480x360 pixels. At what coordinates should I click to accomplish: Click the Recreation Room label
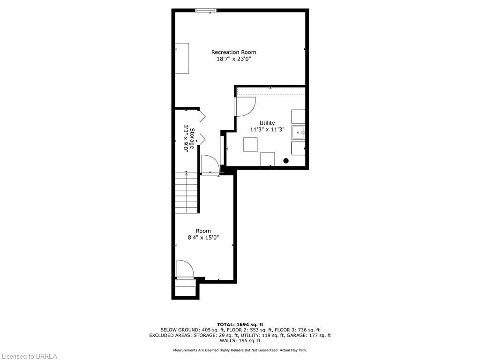[233, 52]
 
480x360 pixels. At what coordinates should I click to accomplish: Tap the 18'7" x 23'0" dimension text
[233, 59]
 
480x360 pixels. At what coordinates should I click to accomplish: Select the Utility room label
[267, 123]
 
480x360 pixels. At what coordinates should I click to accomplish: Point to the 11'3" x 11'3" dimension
[267, 129]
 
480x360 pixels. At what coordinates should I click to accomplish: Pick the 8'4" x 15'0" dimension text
[203, 238]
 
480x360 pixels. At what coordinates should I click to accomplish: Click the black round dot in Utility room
[286, 161]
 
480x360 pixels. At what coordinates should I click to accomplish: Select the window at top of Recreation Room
[206, 10]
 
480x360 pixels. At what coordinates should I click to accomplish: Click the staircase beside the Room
[187, 192]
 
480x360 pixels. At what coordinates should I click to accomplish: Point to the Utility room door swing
[244, 106]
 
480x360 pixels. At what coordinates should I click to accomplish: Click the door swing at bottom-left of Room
[184, 269]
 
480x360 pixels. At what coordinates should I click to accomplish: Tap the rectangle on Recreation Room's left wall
[182, 58]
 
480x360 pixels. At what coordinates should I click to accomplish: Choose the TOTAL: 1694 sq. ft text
[240, 324]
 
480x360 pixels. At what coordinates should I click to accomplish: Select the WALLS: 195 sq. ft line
[240, 341]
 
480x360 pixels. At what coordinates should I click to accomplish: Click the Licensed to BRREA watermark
[29, 356]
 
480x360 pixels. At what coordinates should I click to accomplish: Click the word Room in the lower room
[203, 231]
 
